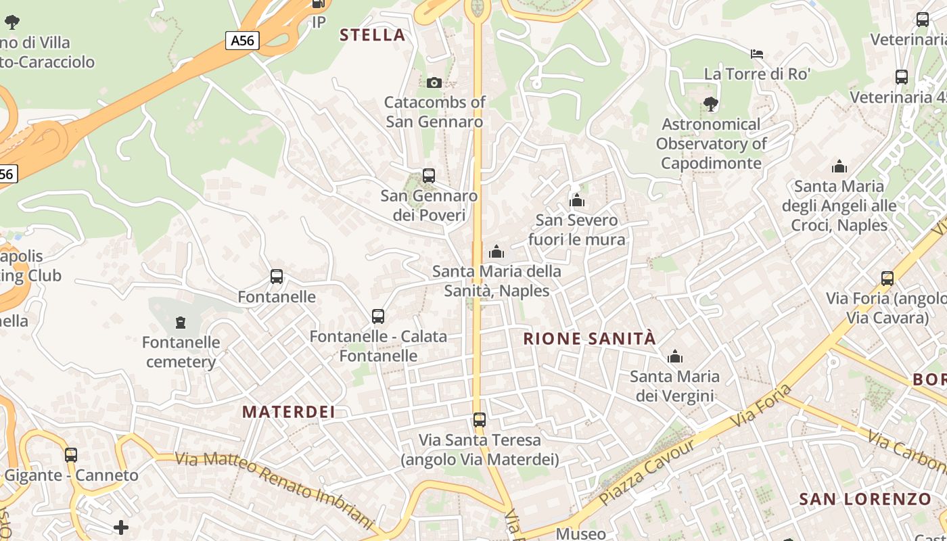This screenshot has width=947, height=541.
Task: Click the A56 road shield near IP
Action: pyautogui.click(x=242, y=41)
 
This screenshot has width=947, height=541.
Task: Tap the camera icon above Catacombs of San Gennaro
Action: pyautogui.click(x=434, y=83)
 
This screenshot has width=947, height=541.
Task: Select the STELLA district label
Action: pyautogui.click(x=373, y=35)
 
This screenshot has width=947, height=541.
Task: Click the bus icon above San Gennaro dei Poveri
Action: pyautogui.click(x=428, y=176)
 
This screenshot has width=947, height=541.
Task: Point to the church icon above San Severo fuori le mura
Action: pyautogui.click(x=577, y=200)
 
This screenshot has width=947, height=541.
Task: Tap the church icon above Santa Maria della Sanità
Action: pyautogui.click(x=496, y=252)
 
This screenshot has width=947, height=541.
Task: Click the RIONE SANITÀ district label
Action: pyautogui.click(x=590, y=339)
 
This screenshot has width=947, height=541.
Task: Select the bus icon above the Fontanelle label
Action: pyautogui.click(x=277, y=276)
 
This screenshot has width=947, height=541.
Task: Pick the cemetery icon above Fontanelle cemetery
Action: pyautogui.click(x=181, y=322)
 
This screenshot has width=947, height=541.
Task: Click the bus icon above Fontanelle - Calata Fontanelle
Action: pyautogui.click(x=378, y=316)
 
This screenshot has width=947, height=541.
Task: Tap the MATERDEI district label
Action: pyautogui.click(x=289, y=412)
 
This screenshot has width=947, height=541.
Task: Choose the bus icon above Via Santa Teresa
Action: pyautogui.click(x=480, y=420)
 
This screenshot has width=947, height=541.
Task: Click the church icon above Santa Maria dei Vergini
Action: pyautogui.click(x=674, y=356)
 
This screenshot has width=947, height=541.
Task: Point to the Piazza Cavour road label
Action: pyautogui.click(x=647, y=472)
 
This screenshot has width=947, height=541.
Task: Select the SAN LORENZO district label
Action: pyautogui.click(x=865, y=500)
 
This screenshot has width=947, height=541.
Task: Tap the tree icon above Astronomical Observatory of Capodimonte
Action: pyautogui.click(x=710, y=104)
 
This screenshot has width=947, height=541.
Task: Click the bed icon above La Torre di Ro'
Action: pyautogui.click(x=757, y=53)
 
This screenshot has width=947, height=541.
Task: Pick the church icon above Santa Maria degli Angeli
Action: pyautogui.click(x=839, y=166)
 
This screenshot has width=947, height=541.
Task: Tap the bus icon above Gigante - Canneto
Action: pyautogui.click(x=71, y=454)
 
